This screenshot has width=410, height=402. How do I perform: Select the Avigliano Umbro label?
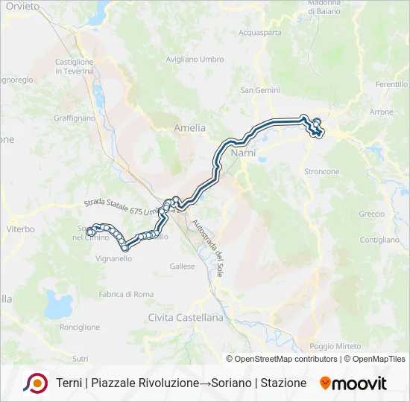pyautogui.click(x=195, y=59)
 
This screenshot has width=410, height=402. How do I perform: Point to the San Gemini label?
pyautogui.click(x=259, y=90)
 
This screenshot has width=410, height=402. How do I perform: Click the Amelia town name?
pyautogui.click(x=189, y=128)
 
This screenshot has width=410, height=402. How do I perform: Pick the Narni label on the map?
pyautogui.click(x=243, y=152)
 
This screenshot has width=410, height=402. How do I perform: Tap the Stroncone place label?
pyautogui.click(x=322, y=171)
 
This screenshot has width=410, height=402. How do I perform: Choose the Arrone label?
pyautogui.click(x=381, y=112)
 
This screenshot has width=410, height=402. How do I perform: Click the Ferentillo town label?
pyautogui.click(x=392, y=85)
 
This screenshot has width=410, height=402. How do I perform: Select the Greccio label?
pyautogui.click(x=372, y=214)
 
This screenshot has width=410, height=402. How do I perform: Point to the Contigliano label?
pyautogui.click(x=380, y=240)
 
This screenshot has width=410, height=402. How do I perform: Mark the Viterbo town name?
pyautogui.click(x=21, y=229)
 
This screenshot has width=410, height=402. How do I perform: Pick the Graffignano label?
pyautogui.click(x=75, y=118)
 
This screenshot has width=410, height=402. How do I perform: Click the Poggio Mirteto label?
pyautogui.click(x=335, y=346)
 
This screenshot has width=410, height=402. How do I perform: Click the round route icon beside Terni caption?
pyautogui.click(x=35, y=383)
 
